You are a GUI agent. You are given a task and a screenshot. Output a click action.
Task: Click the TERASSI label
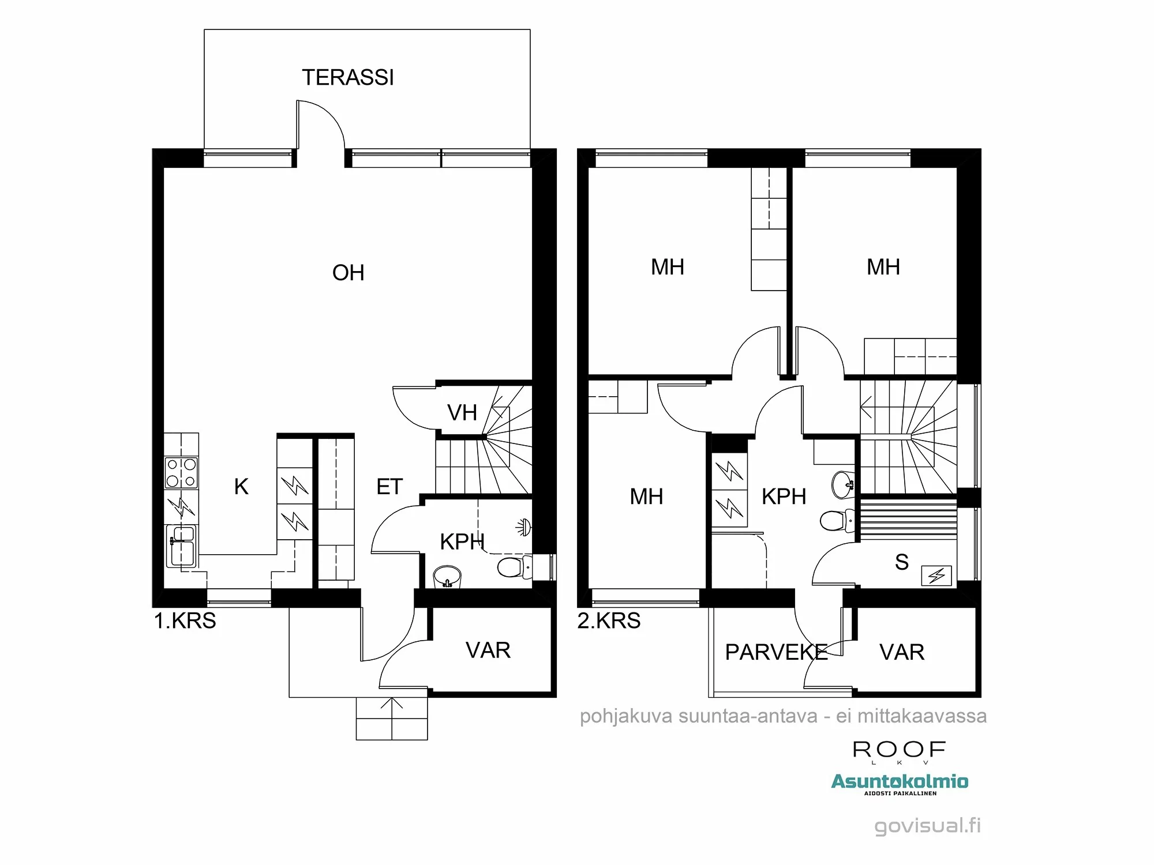coord(348,78)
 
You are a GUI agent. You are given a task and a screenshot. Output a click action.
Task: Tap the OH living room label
coord(348,273)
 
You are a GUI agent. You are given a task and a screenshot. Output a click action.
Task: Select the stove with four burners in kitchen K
coord(181,473)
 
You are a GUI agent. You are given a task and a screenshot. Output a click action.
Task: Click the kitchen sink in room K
coord(181,546)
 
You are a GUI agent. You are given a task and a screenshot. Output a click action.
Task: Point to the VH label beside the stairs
coord(462,413)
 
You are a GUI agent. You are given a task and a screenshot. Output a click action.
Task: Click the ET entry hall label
coord(389,487)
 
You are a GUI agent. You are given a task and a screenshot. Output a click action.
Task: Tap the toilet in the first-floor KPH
coord(513,567)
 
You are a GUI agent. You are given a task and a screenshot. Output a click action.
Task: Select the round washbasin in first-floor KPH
coord(447,576)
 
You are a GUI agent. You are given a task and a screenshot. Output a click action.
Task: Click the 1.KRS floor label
coord(185,621)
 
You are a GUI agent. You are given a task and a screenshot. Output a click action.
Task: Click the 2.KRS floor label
coord(609,621)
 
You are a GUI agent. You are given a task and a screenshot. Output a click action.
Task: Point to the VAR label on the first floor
coord(488,650)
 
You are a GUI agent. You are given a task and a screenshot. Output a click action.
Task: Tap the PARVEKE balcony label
coord(776,653)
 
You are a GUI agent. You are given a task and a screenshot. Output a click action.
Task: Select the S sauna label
coord(901,562)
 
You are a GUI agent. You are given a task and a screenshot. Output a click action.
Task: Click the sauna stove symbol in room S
coord(936,576)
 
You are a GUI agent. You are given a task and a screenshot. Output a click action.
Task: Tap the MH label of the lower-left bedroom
coord(646,497)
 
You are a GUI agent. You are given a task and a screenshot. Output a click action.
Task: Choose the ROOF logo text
coord(899,750)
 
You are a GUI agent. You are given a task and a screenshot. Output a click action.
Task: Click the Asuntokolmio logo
coord(900,783)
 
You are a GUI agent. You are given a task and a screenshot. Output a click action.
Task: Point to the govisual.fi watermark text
coord(927,826)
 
